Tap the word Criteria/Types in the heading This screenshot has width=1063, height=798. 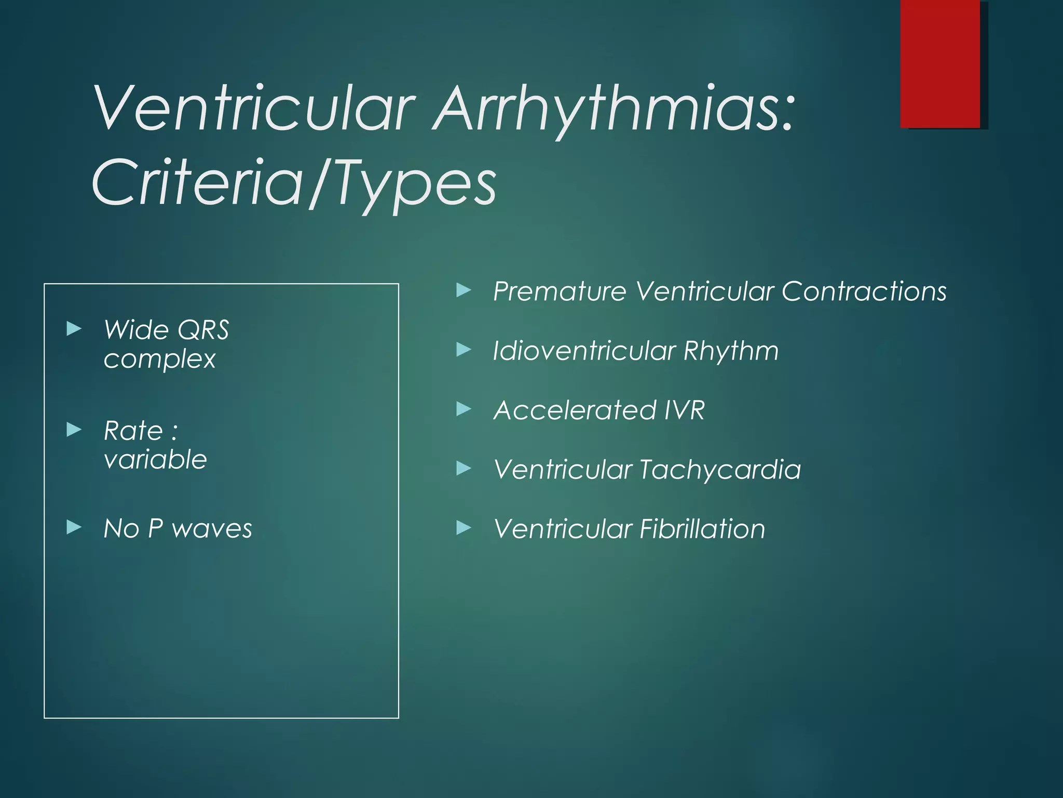coord(294,183)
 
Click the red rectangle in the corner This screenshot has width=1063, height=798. coord(940,64)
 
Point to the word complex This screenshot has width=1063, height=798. coord(159,359)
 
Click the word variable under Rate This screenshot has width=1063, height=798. coord(155,460)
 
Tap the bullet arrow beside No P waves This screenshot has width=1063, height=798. coord(74,528)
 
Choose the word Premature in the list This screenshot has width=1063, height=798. coord(560,291)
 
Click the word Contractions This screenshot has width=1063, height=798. coord(864,291)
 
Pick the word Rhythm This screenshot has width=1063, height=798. coord(731,351)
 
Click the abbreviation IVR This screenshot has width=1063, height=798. coord(684,410)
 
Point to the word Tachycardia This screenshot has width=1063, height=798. coord(720,470)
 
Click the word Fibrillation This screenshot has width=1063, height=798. coord(702,529)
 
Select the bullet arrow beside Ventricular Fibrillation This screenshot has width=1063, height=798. coord(464,528)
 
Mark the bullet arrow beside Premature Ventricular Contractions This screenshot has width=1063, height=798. coord(464,290)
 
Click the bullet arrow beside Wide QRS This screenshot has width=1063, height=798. coord(74,328)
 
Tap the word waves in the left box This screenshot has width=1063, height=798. coord(212,529)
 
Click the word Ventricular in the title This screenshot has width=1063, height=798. coord(254,109)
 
